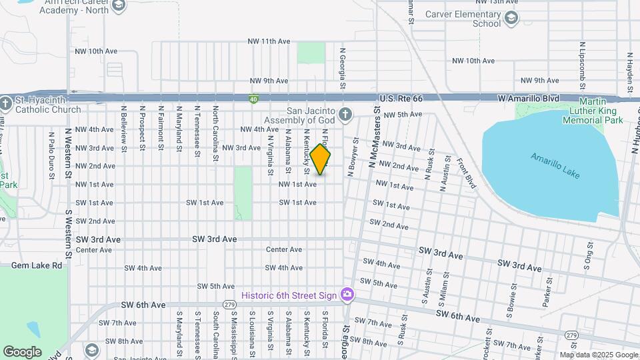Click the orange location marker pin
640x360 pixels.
pyautogui.click(x=320, y=159)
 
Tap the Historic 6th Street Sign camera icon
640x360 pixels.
pyautogui.click(x=347, y=294)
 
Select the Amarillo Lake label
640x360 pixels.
pyautogui.click(x=555, y=166)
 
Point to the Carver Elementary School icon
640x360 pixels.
pyautogui.click(x=511, y=17)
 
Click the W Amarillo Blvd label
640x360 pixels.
pyautogui.click(x=529, y=98)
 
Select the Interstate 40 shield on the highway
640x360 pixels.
pyautogui.click(x=253, y=99)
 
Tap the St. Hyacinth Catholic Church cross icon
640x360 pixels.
pyautogui.click(x=6, y=103)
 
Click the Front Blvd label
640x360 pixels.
pyautogui.click(x=467, y=173)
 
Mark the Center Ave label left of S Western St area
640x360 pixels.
pyautogui.click(x=94, y=250)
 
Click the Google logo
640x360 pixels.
pyautogui.click(x=22, y=351)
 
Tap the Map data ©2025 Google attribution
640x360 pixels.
pyautogui.click(x=598, y=355)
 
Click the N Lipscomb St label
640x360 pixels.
pyautogui.click(x=582, y=61)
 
